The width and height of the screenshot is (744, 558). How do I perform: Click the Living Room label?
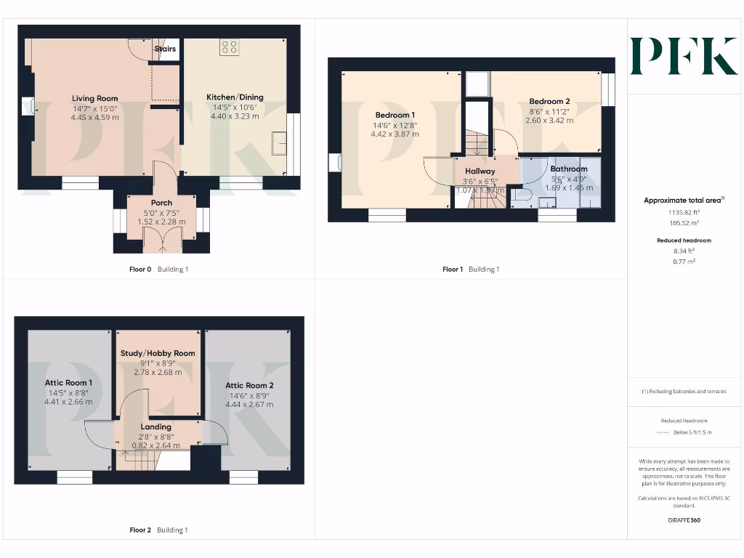94,98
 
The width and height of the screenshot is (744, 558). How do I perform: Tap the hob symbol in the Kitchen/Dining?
229,48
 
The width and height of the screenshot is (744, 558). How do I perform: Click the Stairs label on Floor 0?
165,49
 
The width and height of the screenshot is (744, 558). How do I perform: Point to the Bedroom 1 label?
395,115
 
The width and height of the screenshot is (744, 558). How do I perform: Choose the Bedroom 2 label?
549,102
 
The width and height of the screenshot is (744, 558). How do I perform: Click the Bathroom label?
568,169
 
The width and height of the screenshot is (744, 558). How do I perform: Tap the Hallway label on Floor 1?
480,171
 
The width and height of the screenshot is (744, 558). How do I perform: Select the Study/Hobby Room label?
157,353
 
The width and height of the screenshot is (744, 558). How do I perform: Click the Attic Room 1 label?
68,383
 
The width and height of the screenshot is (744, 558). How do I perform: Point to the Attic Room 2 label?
249,385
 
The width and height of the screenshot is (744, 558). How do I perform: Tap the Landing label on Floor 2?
156,426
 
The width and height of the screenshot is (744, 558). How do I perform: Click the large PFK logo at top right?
683,57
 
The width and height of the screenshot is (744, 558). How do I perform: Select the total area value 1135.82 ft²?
684,213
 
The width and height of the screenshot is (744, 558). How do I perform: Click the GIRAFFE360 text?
684,520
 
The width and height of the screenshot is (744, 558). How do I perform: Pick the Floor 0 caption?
139,270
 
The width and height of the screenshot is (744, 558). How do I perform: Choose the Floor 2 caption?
139,530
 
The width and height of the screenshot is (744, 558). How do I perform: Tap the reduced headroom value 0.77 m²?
684,261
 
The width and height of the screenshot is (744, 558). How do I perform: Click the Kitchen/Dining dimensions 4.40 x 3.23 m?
235,116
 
